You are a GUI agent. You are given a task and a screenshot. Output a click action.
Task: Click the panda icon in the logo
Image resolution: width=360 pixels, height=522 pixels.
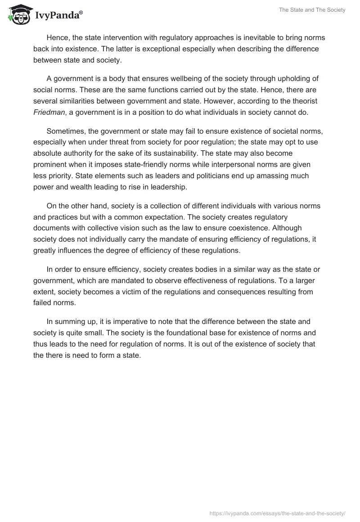18,14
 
